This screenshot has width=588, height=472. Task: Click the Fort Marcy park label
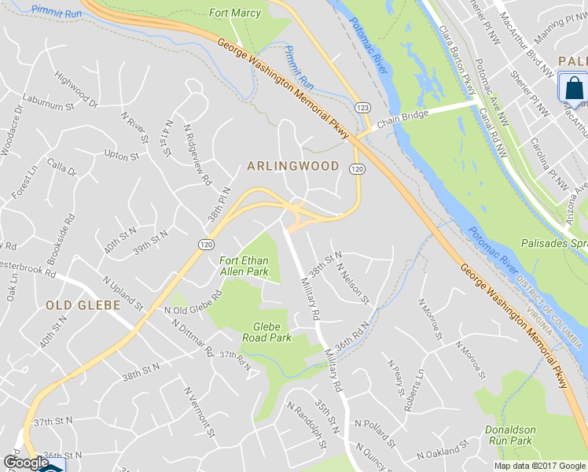(234, 13)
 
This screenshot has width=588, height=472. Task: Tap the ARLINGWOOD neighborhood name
(293, 166)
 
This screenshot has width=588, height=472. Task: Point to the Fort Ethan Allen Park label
(244, 266)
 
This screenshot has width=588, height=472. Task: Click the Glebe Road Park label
(272, 332)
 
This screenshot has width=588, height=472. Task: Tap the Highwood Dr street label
(75, 89)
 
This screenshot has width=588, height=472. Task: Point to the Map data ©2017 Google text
(540, 465)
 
